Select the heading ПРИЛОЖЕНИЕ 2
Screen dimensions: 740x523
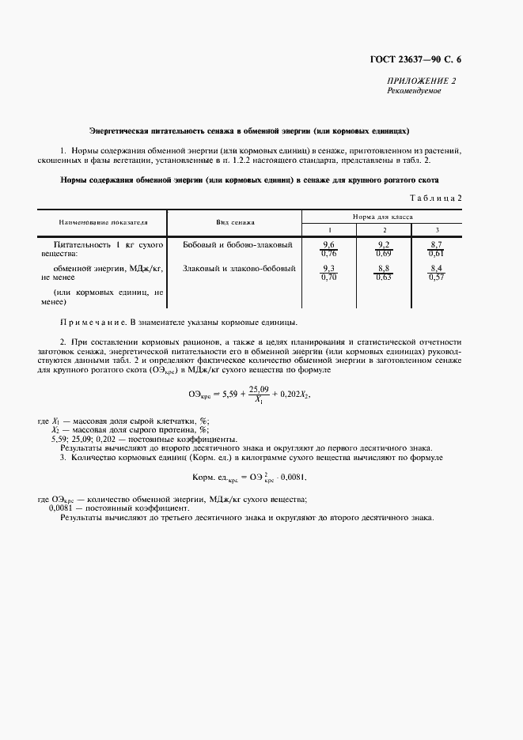coord(420,81)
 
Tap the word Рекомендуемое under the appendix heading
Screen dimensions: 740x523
coord(414,91)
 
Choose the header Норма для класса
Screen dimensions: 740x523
coord(383,216)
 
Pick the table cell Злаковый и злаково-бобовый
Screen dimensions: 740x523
coord(239,269)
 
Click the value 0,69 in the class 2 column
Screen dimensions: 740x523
coord(384,254)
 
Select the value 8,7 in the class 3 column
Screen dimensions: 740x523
coord(436,245)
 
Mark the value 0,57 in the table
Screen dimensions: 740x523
coord(436,277)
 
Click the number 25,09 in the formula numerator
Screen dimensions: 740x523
coord(258,389)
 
